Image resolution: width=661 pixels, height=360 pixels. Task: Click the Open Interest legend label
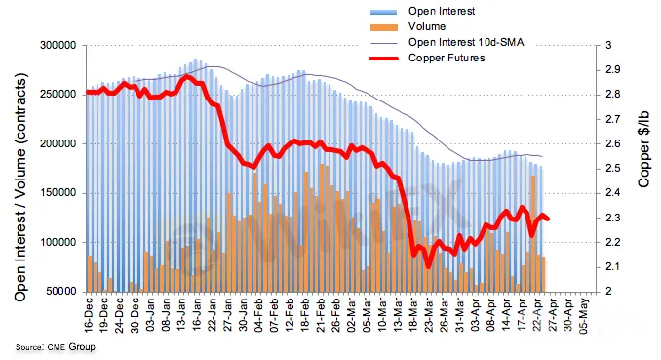click(442, 11)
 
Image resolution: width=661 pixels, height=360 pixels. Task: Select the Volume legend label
click(427, 26)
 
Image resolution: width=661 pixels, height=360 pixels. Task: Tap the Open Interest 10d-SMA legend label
click(466, 42)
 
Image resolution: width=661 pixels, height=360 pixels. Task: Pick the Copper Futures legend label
click(447, 58)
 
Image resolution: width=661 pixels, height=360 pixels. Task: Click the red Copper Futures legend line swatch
click(383, 59)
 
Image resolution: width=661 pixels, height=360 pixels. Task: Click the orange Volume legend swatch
click(383, 27)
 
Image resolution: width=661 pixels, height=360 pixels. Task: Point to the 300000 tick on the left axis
click(58, 45)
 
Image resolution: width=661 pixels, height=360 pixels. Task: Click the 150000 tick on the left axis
click(58, 193)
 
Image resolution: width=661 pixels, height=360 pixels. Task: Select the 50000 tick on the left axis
click(60, 291)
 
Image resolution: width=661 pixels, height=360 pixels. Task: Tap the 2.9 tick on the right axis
click(609, 69)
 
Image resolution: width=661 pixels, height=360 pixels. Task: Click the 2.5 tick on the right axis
click(609, 169)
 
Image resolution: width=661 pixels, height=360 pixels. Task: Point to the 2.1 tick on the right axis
click(609, 266)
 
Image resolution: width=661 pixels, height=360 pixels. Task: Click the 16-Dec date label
click(89, 314)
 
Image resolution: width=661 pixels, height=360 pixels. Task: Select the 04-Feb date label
click(258, 314)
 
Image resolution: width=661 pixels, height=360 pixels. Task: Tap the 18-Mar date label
click(413, 314)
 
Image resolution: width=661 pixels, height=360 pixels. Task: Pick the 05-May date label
click(584, 315)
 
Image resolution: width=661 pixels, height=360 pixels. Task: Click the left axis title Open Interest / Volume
click(20, 187)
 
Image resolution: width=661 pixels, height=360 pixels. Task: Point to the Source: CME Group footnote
click(56, 347)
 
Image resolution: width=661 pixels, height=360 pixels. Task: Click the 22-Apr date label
click(537, 315)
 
